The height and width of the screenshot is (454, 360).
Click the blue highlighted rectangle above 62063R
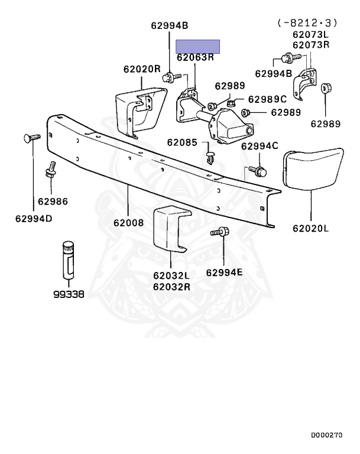[x=198, y=47]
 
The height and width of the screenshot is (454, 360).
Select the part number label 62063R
[x=195, y=57]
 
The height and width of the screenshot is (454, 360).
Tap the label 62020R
[x=142, y=69]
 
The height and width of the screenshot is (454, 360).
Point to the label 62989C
[x=267, y=99]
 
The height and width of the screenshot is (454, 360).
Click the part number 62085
[x=182, y=142]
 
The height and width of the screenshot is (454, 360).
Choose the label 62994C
[x=260, y=146]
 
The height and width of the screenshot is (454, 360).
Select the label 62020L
[x=311, y=228]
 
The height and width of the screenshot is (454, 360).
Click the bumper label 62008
[x=128, y=223]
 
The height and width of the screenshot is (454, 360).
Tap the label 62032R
[x=171, y=287]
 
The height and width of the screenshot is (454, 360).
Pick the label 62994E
[x=224, y=273]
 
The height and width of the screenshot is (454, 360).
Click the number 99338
[x=69, y=294]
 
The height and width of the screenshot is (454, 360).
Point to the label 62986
[x=53, y=202]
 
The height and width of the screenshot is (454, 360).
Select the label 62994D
[x=34, y=219]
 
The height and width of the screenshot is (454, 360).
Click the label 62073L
[x=311, y=35]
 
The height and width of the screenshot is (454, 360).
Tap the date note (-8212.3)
[x=307, y=23]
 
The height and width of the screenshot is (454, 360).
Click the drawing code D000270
[x=327, y=435]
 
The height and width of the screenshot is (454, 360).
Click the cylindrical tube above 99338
[x=69, y=260]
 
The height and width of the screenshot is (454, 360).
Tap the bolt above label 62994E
[x=220, y=232]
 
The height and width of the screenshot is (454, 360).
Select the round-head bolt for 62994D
[x=31, y=138]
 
